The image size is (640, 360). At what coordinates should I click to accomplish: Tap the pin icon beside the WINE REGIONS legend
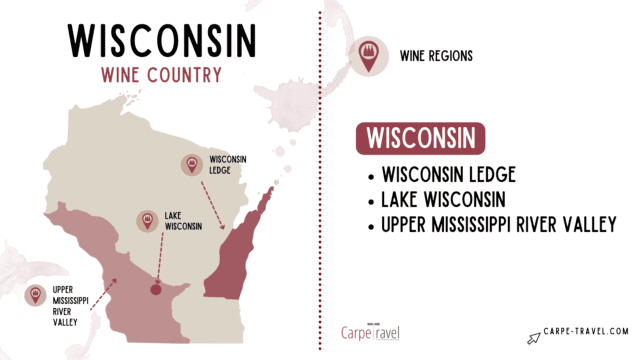coord(366,56)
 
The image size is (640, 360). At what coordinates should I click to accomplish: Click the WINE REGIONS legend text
coord(437,56)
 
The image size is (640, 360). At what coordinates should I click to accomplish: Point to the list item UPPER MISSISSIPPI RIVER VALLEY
coord(497,226)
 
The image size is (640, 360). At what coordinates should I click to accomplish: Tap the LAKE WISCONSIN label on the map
coord(184,220)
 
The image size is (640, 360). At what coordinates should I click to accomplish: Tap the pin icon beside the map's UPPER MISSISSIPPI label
coord(35,295)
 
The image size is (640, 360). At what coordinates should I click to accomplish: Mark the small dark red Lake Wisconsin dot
coord(155,290)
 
